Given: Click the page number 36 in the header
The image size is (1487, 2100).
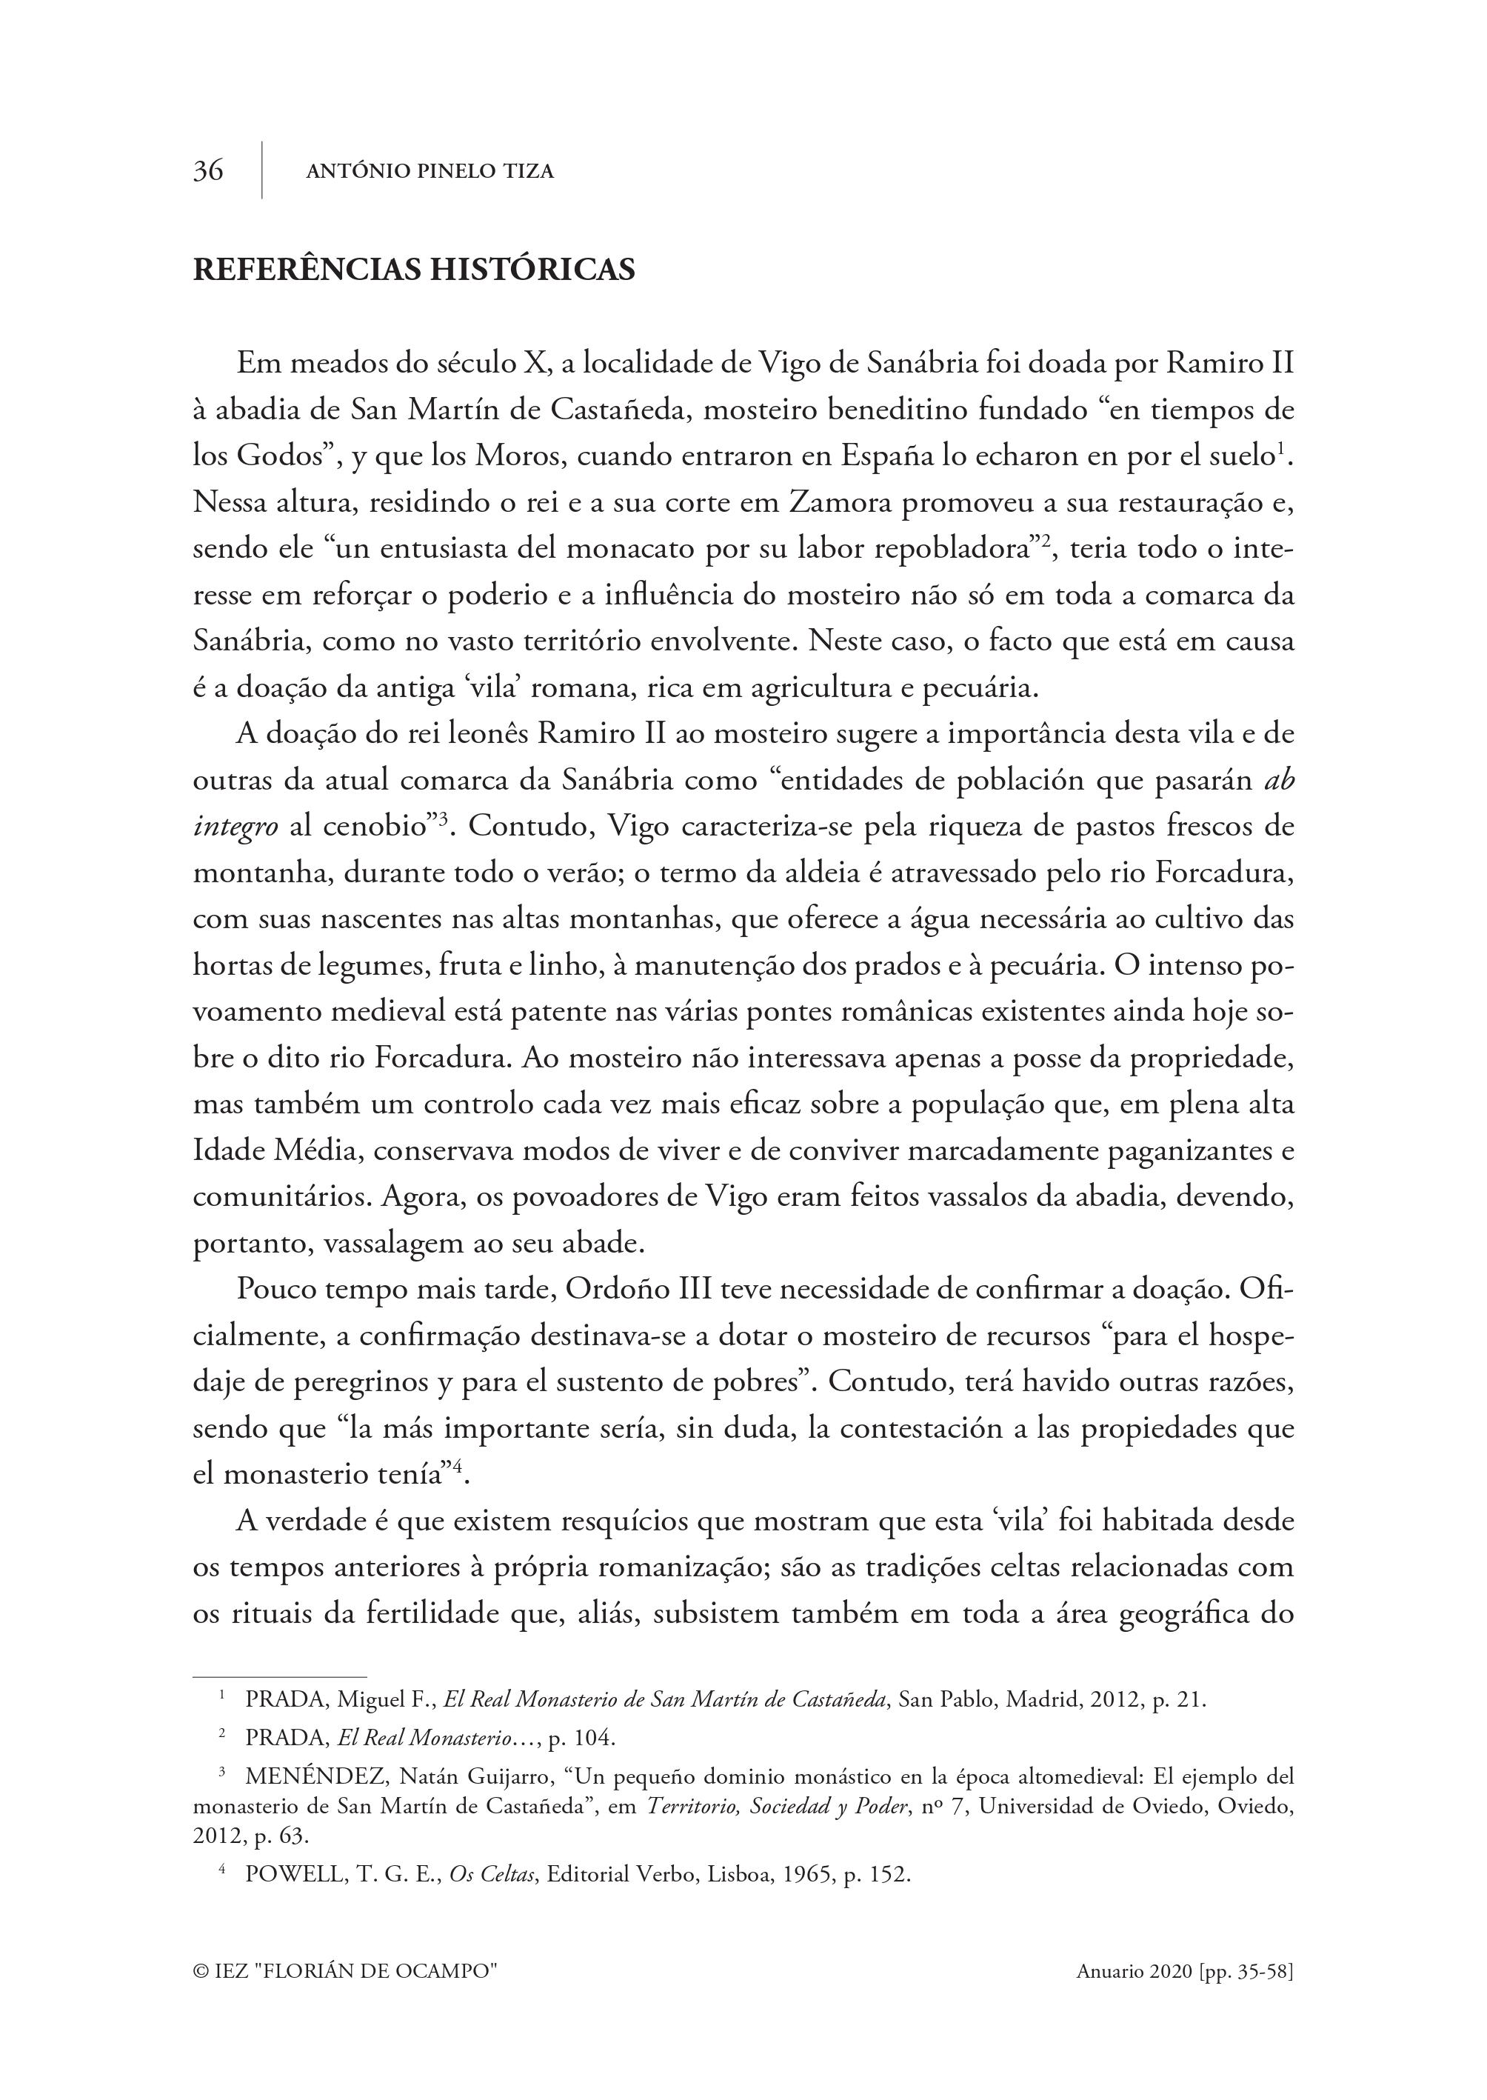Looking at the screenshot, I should tap(208, 171).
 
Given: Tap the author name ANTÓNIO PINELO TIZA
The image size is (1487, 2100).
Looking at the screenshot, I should tap(430, 171).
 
